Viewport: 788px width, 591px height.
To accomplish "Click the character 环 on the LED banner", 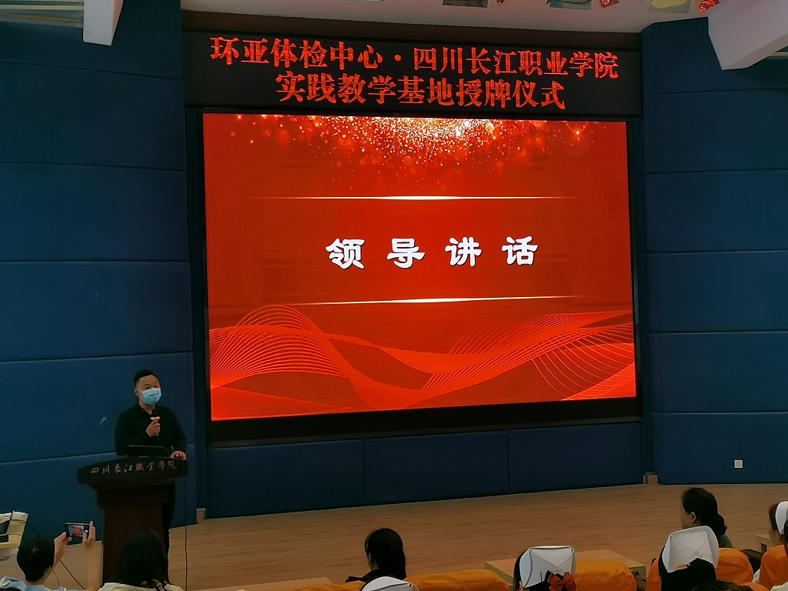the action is [x=225, y=52].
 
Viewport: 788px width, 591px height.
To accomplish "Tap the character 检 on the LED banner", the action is [x=314, y=54].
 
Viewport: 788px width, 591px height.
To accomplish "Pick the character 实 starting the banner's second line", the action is [x=290, y=86].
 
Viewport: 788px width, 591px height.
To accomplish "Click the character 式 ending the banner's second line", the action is [x=552, y=95].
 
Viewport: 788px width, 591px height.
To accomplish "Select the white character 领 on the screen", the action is [x=345, y=252].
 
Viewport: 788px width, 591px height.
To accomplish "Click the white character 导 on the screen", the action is [x=406, y=252].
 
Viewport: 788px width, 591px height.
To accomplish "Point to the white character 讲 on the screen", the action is [x=462, y=252].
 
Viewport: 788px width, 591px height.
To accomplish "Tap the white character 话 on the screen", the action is [x=519, y=250].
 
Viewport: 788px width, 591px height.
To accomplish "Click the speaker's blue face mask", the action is [x=151, y=396].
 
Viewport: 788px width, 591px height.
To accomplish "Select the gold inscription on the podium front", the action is [x=134, y=467].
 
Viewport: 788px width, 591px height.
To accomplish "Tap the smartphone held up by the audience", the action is [x=78, y=531].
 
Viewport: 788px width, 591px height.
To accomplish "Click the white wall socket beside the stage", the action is [x=738, y=463].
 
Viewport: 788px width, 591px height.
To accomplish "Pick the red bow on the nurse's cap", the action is [x=561, y=582].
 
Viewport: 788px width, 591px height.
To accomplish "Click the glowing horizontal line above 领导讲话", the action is [x=417, y=198].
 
